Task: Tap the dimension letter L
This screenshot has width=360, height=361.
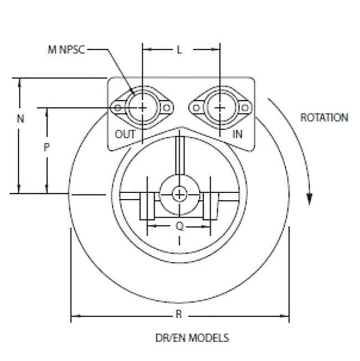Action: coord(179,49)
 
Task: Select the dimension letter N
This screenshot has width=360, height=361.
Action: coord(20,118)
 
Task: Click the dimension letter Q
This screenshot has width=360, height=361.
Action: coord(179,225)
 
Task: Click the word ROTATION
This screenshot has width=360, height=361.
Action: coord(324,117)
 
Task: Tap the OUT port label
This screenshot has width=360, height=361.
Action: coord(125,134)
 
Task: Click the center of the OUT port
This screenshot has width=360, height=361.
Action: coord(142,107)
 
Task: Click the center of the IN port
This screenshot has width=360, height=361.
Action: coord(220,107)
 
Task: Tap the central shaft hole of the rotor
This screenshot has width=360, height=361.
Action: coord(179,194)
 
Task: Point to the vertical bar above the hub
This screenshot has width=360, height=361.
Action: coord(179,155)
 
